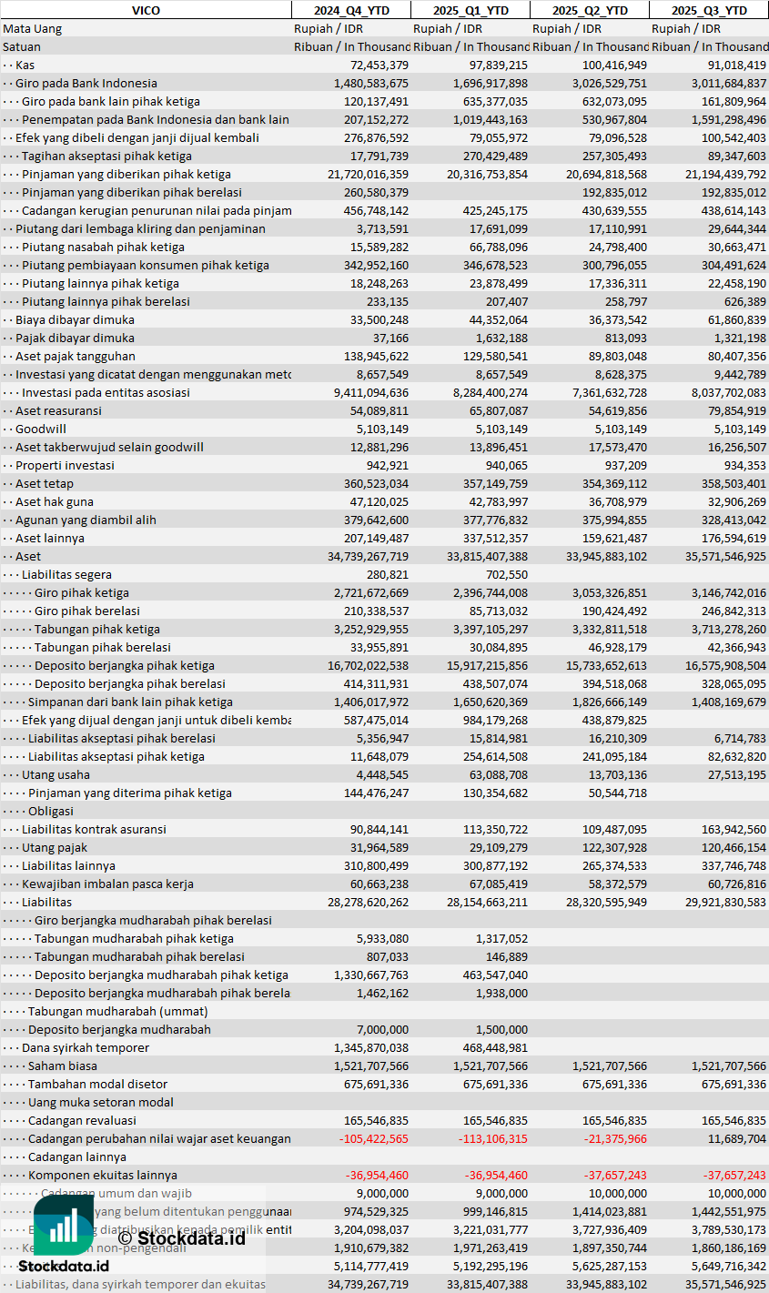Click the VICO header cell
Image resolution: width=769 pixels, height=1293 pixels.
click(146, 10)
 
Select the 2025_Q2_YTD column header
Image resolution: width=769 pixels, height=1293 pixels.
click(590, 10)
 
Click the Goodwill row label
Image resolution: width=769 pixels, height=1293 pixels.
click(41, 429)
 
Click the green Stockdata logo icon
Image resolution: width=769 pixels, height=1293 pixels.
click(64, 1224)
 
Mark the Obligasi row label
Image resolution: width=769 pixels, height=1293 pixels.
click(51, 811)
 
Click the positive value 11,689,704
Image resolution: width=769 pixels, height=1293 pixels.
click(734, 1138)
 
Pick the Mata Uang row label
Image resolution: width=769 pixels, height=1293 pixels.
click(33, 28)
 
